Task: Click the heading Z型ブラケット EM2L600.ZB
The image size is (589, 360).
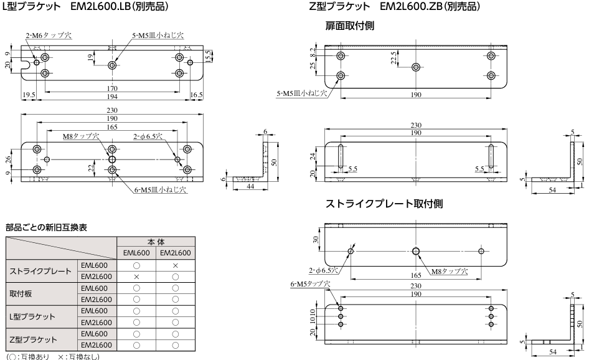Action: (x=394, y=6)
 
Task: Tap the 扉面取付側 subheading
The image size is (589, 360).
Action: (x=350, y=26)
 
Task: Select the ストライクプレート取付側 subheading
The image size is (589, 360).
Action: (x=384, y=204)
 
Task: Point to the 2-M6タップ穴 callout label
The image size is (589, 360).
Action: (x=49, y=36)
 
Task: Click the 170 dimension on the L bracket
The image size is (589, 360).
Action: (x=112, y=88)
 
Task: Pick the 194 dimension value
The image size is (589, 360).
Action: (x=112, y=97)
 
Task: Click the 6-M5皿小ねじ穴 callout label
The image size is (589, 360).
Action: (x=161, y=190)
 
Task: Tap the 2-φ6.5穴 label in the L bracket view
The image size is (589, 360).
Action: (x=148, y=136)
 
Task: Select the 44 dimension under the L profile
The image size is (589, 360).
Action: (x=250, y=186)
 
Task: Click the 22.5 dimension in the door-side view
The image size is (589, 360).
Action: (x=393, y=59)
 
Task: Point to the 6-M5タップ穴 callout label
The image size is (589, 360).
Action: (x=310, y=284)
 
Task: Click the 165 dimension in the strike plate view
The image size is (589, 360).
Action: (x=416, y=275)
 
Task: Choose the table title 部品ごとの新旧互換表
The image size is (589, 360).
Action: (x=46, y=227)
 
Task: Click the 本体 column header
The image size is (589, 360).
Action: (x=156, y=242)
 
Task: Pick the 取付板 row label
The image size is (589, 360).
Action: (x=21, y=294)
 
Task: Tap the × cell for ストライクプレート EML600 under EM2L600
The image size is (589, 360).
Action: (x=175, y=266)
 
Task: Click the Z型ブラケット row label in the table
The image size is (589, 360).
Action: (x=33, y=339)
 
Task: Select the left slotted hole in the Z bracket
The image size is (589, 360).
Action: (x=341, y=156)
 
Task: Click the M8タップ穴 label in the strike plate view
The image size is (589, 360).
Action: (x=450, y=272)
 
